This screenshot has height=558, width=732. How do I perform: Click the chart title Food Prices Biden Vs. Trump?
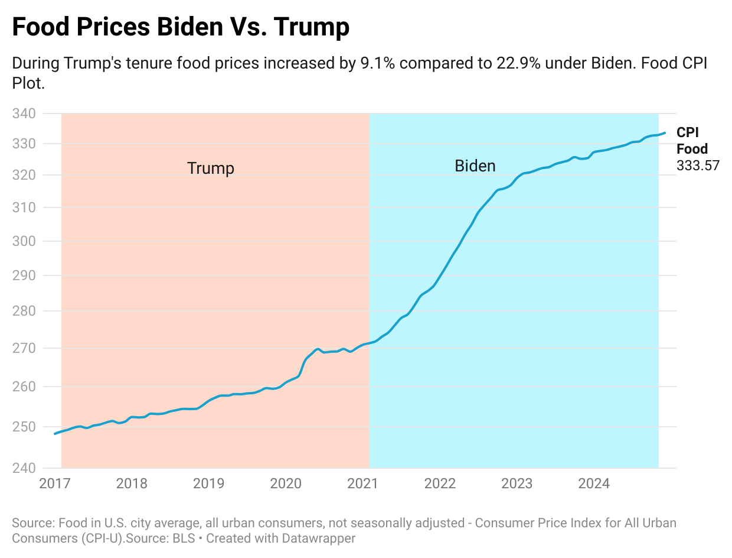pos(181,28)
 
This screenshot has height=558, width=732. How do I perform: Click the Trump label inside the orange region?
pos(211,168)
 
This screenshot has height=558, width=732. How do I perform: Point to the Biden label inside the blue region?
pos(475,166)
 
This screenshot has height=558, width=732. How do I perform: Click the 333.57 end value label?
pos(698,166)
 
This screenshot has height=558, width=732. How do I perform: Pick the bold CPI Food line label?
pos(692,141)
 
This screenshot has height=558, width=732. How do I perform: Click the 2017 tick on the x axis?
pos(54,484)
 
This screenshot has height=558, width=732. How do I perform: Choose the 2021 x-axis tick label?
pos(362,484)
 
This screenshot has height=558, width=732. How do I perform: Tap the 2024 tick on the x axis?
pos(593,484)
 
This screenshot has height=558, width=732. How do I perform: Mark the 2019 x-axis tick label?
pos(208,484)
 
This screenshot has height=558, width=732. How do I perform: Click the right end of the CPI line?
pos(665,133)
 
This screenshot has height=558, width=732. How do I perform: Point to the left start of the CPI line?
pos(55,433)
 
